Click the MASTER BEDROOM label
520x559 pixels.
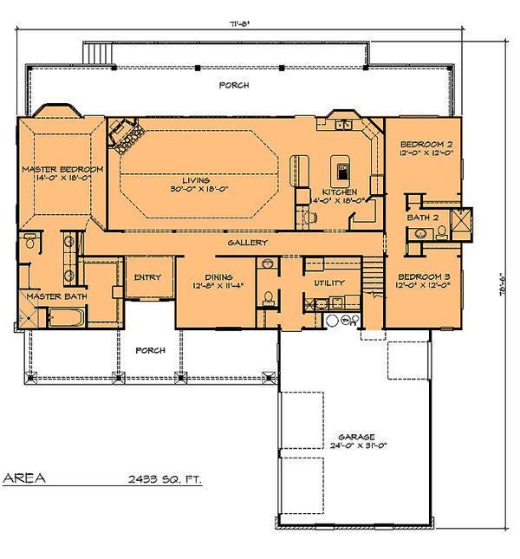point(62,168)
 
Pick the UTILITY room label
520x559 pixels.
point(329,283)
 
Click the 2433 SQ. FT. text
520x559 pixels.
point(164,478)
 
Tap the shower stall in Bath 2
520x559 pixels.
point(458,221)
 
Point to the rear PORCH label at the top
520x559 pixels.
point(234,85)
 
